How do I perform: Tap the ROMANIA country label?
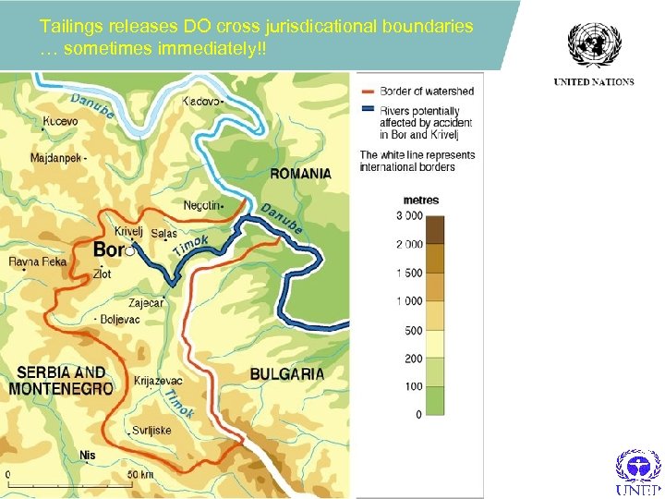[300, 173]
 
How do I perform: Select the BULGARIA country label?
[287, 374]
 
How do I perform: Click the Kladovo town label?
[202, 100]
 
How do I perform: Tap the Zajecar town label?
[145, 302]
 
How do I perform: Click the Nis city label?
[88, 455]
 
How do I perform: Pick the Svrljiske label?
[151, 430]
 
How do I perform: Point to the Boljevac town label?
[120, 320]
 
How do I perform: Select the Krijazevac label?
[158, 380]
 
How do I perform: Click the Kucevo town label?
[59, 120]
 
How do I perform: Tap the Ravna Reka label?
[38, 262]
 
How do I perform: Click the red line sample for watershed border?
[369, 91]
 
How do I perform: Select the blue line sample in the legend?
[369, 108]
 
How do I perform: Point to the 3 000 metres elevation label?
[407, 216]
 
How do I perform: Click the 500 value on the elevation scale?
[413, 330]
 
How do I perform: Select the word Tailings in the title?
[68, 27]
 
